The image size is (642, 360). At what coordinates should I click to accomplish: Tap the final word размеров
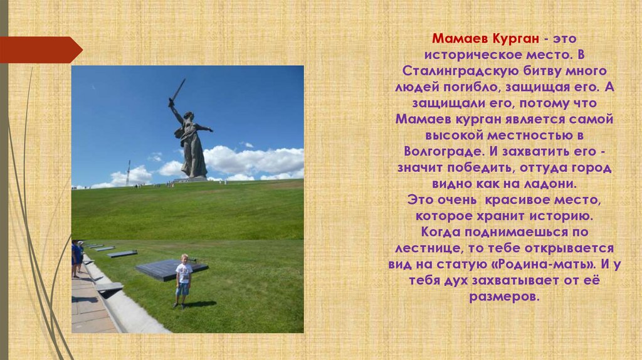(503, 298)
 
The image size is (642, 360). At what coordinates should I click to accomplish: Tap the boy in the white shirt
(182, 280)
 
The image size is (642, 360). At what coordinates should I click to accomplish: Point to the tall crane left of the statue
(128, 172)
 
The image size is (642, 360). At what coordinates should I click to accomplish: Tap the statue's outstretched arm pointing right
(204, 129)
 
